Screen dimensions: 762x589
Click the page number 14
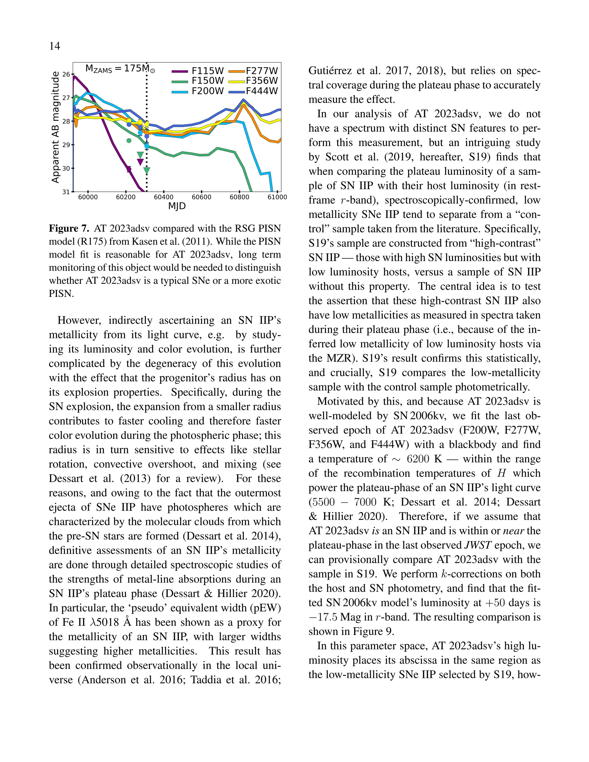click(54, 46)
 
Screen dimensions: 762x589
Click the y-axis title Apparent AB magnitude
click(55, 127)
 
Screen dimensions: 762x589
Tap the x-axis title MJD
click(177, 206)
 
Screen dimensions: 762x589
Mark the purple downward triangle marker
click(140, 162)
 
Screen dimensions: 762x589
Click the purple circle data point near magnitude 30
click(129, 169)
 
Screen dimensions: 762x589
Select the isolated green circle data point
click(129, 141)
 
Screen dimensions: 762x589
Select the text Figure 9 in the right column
click(373, 631)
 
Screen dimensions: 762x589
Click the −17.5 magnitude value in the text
click(323, 617)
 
